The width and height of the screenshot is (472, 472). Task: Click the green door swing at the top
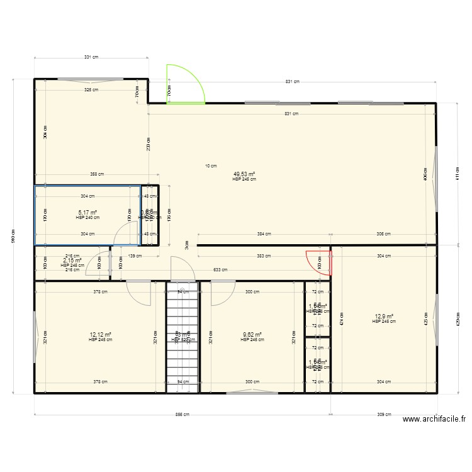point(184,85)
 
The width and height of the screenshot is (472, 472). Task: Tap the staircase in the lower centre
point(182,337)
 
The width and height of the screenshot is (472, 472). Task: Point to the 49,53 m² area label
point(244,174)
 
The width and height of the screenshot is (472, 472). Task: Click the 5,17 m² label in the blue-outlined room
point(87,213)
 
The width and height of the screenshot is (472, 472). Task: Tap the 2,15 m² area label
point(72,261)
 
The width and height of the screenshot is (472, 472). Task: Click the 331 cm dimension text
point(91,57)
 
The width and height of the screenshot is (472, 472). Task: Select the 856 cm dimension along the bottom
point(182,415)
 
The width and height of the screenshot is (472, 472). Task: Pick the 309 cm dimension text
point(383,415)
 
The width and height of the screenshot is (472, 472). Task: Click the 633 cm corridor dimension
point(220,269)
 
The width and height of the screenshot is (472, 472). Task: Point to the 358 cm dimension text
point(96,174)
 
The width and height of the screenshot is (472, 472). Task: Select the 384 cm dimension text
point(264,233)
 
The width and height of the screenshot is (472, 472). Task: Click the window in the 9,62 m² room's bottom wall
point(251,393)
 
